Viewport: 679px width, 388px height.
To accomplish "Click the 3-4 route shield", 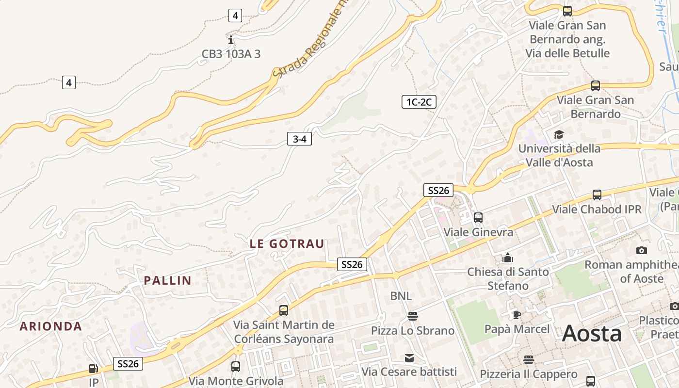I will point(299,139).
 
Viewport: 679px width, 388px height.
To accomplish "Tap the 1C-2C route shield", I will point(419,102).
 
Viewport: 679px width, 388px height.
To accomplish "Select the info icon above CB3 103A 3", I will point(231,40).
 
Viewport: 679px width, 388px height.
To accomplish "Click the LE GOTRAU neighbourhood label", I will point(287,244).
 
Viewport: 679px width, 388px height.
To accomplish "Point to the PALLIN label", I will point(168,280).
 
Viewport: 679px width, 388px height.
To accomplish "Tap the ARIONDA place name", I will point(51,326).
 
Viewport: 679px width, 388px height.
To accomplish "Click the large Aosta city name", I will point(592,334).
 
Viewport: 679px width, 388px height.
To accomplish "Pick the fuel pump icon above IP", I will point(94,369).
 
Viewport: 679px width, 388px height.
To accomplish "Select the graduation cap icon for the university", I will point(559,134).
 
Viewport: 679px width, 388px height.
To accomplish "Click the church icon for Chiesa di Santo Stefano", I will point(508,257).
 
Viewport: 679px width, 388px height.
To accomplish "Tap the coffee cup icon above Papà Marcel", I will point(517,315).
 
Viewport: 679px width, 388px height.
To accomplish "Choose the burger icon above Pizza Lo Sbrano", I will point(413,316).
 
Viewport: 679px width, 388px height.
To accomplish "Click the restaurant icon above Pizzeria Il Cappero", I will point(529,360).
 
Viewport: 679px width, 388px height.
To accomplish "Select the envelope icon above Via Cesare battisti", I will point(409,358).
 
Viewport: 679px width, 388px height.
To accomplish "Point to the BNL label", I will point(401,296).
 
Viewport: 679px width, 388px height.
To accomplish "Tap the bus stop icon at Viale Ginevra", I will point(478,218).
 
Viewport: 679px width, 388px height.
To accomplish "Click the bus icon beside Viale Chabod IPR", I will point(597,195).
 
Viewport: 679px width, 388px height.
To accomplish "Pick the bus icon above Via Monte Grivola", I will point(236,367).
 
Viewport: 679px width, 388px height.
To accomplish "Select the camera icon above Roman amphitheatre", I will point(642,250).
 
